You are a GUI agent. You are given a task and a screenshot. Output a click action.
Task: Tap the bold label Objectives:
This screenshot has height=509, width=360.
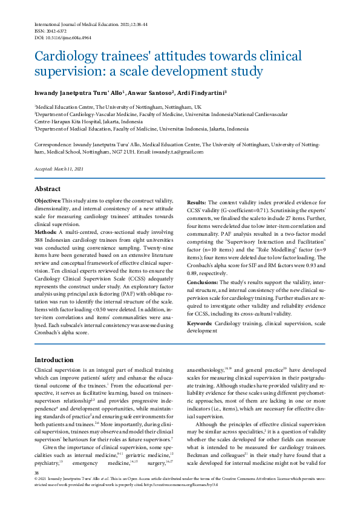coord(46,200)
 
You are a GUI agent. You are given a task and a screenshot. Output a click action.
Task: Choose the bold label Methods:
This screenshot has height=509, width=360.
coord(45,232)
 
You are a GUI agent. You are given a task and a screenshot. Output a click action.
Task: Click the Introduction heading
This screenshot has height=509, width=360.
coord(54,360)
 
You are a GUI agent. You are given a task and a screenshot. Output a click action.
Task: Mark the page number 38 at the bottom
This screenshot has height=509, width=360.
coord(37,490)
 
